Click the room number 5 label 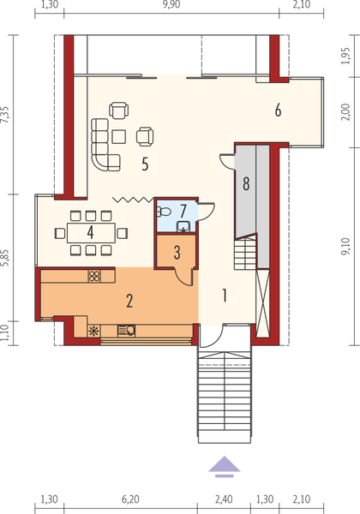click(x=146, y=165)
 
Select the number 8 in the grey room click(x=246, y=183)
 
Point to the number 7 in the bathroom click(x=183, y=211)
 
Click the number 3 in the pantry click(x=176, y=253)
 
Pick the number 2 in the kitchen click(x=130, y=300)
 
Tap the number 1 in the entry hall click(x=225, y=296)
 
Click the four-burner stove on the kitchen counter click(x=94, y=277)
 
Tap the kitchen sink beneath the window click(x=126, y=330)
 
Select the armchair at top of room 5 click(x=120, y=110)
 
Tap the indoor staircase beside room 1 click(x=245, y=254)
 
